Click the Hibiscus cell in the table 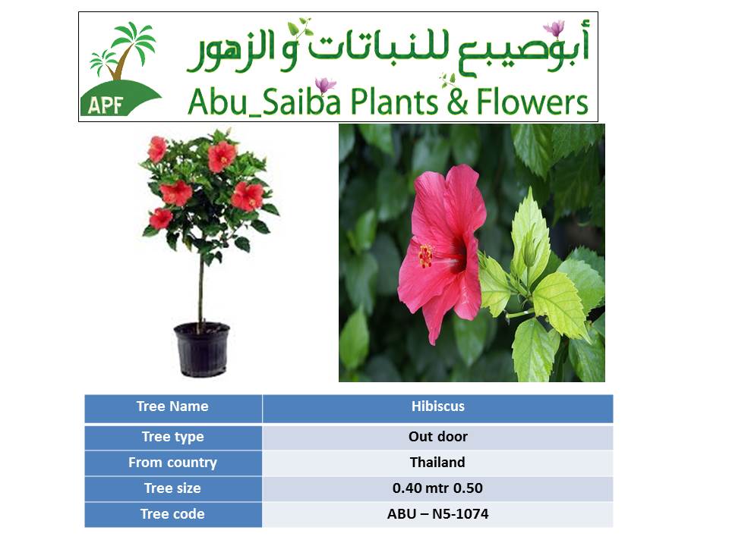point(437,407)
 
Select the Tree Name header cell point(173,407)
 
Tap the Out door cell point(437,437)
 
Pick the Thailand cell point(437,463)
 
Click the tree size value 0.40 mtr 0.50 point(437,488)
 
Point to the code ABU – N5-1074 point(437,514)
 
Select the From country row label point(173,463)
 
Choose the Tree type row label point(173,437)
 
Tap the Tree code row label point(173,514)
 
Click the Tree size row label point(173,488)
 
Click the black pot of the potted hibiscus point(202,349)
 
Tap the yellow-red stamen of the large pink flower point(426,256)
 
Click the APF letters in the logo point(105,105)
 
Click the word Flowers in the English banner point(532,102)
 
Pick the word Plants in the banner point(393,102)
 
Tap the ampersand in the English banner point(457,102)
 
